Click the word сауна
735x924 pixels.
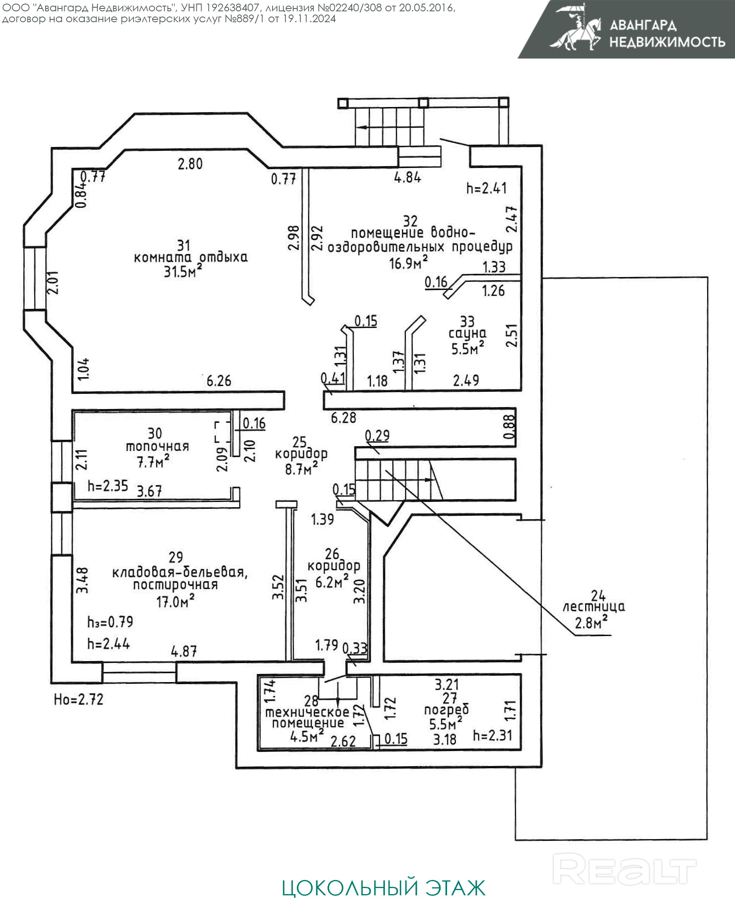tap(467, 334)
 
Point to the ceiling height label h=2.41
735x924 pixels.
tap(486, 188)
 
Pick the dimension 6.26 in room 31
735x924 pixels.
tap(218, 380)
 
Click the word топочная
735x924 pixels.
tap(157, 447)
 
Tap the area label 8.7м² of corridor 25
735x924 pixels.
tap(301, 469)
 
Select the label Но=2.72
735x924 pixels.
tap(78, 699)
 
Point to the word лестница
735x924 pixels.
tap(594, 607)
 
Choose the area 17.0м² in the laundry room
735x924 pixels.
tap(175, 602)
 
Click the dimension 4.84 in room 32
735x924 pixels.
tap(407, 177)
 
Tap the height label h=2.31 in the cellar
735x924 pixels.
tap(492, 735)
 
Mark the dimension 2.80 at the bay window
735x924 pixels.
tap(190, 164)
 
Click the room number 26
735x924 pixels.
tap(332, 553)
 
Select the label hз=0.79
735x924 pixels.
tap(110, 622)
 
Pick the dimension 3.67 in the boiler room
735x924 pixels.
tap(149, 491)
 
